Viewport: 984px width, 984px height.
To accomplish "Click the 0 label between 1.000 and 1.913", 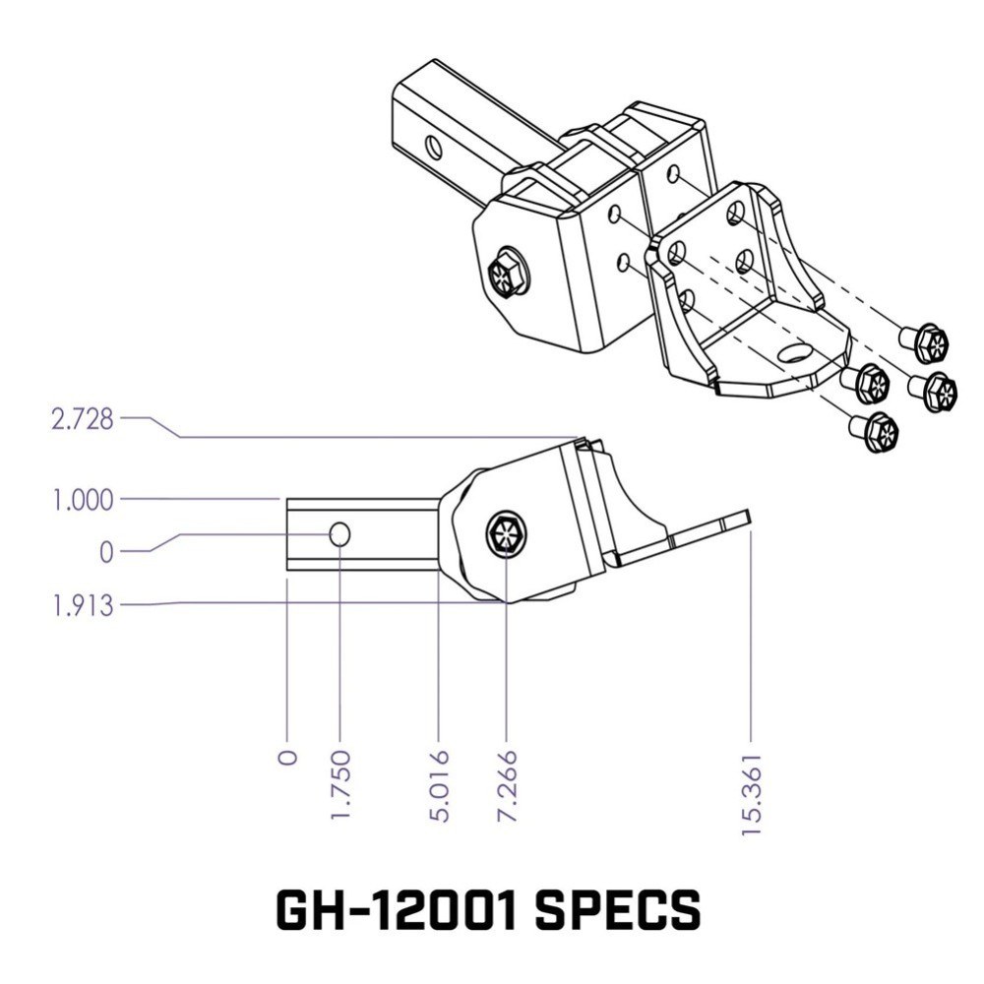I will (x=105, y=552).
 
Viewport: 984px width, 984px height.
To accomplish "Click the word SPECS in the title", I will (x=618, y=911).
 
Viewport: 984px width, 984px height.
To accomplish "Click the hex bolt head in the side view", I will (x=507, y=535).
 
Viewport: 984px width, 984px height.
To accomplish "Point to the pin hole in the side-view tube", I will (x=339, y=534).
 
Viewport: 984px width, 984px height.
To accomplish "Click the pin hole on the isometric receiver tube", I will (x=433, y=149).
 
